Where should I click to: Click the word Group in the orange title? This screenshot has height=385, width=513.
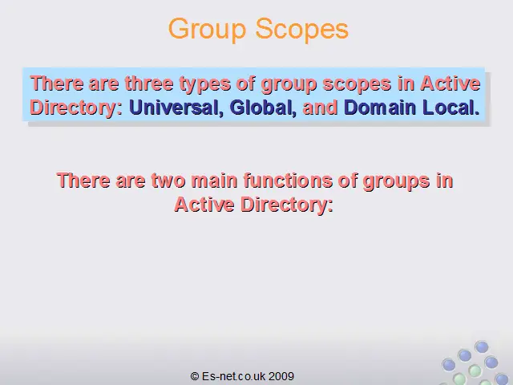(x=207, y=30)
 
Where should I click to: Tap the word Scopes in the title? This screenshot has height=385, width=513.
(x=301, y=29)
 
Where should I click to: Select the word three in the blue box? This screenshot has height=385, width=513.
(x=149, y=83)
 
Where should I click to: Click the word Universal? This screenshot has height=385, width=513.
(x=174, y=107)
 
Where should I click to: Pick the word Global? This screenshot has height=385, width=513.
(x=261, y=107)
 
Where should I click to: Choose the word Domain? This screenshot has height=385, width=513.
(x=379, y=107)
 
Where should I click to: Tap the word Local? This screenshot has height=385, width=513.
(x=448, y=107)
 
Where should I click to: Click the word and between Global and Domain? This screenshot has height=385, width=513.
(x=321, y=107)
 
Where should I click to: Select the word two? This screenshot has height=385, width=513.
(x=168, y=180)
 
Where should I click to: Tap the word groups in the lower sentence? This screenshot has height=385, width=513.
(x=396, y=181)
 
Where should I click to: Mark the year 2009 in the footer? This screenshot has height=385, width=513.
(x=281, y=376)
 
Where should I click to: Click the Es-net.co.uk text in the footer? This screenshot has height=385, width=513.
(x=233, y=376)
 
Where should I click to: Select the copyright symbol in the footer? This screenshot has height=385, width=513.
(x=195, y=376)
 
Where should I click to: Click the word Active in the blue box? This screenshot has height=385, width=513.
(x=450, y=83)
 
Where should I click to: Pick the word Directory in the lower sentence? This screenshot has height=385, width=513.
(x=287, y=205)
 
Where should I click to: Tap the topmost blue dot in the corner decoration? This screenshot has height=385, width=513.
(x=482, y=346)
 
